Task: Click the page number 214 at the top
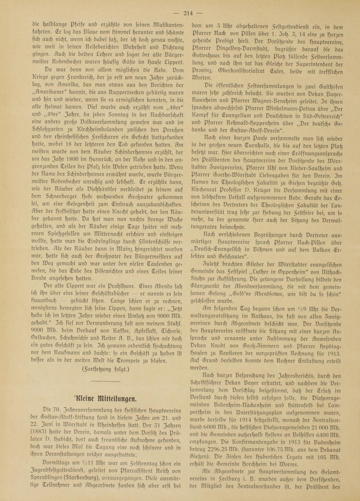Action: [x=188, y=14]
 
